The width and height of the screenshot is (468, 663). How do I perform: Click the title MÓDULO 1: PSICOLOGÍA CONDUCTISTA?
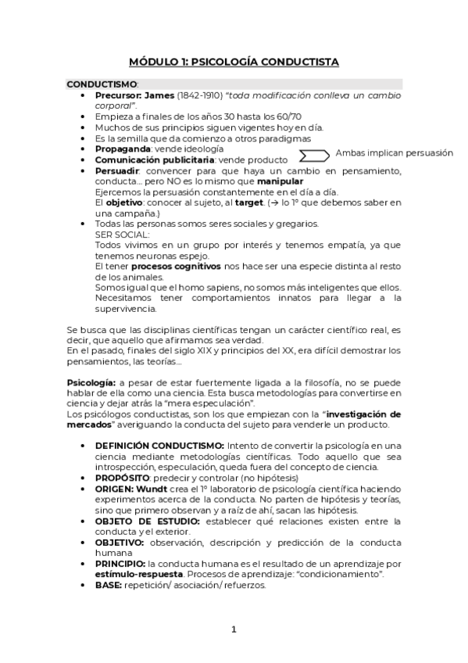pos(234,62)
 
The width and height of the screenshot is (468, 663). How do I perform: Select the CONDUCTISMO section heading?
pos(102,84)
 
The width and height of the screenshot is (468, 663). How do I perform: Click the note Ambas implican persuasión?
pos(395,153)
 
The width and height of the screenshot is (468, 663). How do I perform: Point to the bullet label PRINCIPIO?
pos(120,563)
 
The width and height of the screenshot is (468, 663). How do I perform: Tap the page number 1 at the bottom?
pos(234,629)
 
